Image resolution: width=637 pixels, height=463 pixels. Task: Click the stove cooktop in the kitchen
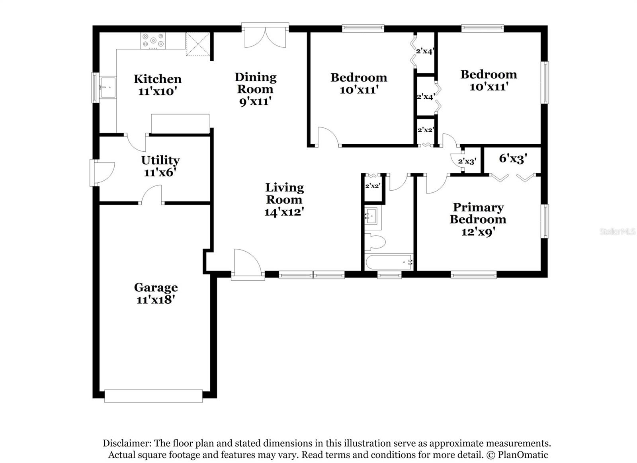[x=153, y=41]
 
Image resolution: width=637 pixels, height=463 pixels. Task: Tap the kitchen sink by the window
[x=107, y=87]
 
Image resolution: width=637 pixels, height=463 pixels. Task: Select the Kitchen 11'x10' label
[x=158, y=85]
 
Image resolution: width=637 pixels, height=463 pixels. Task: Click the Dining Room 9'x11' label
[x=255, y=89]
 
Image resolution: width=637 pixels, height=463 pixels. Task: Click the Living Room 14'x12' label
[x=284, y=199]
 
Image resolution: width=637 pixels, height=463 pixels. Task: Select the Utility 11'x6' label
[x=160, y=166]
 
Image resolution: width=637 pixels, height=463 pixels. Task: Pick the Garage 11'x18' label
[x=156, y=293]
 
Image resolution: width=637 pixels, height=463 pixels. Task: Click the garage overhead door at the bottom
[x=153, y=396]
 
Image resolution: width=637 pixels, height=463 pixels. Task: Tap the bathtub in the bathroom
[x=389, y=262]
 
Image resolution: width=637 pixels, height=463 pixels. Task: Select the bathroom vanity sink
[x=373, y=217]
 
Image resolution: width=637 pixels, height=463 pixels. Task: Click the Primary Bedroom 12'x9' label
[x=478, y=219]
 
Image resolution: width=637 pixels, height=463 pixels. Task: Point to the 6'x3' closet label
[x=513, y=158]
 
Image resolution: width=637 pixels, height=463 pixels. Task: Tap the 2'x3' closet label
[x=467, y=161]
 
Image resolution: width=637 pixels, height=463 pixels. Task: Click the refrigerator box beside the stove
[x=198, y=44]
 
